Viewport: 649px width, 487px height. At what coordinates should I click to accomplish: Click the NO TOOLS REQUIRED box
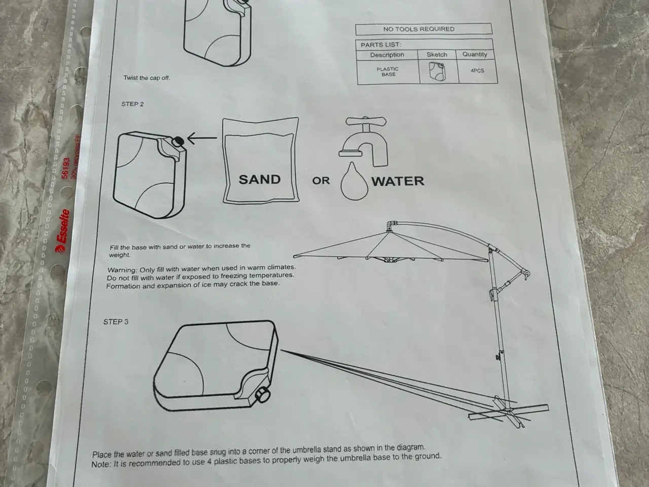pyautogui.click(x=424, y=29)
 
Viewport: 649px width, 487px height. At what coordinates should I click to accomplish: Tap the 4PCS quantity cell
pyautogui.click(x=478, y=71)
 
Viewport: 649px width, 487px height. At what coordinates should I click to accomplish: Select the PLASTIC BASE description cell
pyautogui.click(x=388, y=72)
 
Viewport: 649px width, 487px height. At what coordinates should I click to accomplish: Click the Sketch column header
pyautogui.click(x=437, y=55)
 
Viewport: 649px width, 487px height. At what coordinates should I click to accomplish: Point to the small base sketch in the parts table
pyautogui.click(x=437, y=71)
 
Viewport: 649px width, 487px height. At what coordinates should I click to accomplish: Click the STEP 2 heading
pyautogui.click(x=132, y=104)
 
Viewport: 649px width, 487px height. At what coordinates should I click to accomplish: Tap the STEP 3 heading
pyautogui.click(x=116, y=322)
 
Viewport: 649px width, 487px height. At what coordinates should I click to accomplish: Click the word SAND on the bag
pyautogui.click(x=260, y=180)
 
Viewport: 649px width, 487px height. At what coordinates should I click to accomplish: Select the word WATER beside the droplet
pyautogui.click(x=398, y=181)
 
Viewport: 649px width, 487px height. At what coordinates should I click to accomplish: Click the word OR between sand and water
pyautogui.click(x=321, y=181)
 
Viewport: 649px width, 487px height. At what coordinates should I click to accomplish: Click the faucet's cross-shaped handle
pyautogui.click(x=366, y=121)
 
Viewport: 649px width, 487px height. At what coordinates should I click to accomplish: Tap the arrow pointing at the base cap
pyautogui.click(x=202, y=138)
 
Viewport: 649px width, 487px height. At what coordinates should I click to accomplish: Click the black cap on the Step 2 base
pyautogui.click(x=178, y=141)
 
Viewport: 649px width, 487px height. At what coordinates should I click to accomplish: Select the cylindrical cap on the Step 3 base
pyautogui.click(x=263, y=395)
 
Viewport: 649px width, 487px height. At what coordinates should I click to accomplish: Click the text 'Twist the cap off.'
pyautogui.click(x=147, y=78)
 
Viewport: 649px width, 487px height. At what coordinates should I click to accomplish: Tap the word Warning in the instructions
pyautogui.click(x=122, y=270)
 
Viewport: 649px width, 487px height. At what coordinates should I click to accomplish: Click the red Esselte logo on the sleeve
pyautogui.click(x=62, y=231)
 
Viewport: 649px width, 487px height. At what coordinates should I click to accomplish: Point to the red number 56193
pyautogui.click(x=65, y=168)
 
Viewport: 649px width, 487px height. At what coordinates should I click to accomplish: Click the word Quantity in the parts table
pyautogui.click(x=475, y=54)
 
